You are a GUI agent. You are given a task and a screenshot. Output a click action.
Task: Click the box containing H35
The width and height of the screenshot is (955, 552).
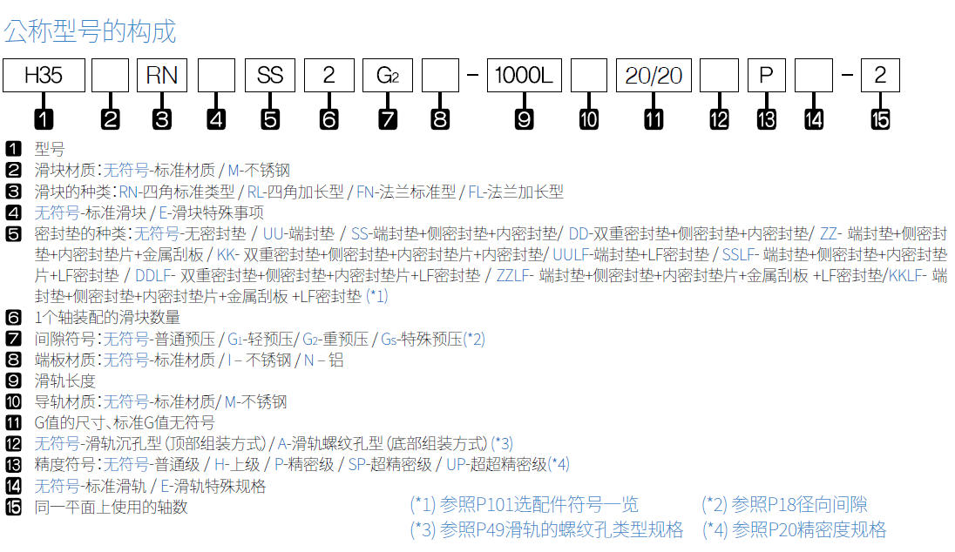click(44, 76)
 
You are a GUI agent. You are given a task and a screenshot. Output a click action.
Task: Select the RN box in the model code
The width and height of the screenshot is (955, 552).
click(162, 76)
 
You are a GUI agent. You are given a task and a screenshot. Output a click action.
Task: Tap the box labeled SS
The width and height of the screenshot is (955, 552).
click(270, 76)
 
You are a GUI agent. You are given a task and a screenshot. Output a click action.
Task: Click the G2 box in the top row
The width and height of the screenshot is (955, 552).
click(388, 76)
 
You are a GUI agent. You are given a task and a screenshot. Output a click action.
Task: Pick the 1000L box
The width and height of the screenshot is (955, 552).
click(525, 76)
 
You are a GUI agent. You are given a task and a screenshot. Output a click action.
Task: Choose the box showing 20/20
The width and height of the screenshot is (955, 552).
click(654, 76)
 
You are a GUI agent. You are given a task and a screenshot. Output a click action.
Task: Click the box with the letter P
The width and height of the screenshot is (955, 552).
click(766, 76)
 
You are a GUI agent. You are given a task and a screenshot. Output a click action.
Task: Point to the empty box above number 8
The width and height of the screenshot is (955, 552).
click(440, 76)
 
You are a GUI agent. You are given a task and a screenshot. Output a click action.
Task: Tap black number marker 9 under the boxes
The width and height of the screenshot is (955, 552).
click(525, 119)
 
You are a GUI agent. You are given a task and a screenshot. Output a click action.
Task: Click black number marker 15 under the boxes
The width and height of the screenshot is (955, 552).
click(880, 119)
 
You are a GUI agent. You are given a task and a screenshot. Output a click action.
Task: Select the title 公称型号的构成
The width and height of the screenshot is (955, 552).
click(90, 31)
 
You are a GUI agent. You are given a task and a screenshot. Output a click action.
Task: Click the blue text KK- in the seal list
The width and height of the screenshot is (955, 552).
click(227, 254)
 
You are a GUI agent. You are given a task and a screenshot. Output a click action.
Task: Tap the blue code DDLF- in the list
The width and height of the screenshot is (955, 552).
click(155, 276)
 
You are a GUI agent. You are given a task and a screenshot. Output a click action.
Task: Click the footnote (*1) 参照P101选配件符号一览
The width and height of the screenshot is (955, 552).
click(524, 504)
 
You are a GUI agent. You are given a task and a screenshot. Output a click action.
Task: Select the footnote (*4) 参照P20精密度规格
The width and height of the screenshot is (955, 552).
click(794, 529)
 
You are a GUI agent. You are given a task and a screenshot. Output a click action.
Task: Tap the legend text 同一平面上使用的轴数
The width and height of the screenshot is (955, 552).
click(111, 507)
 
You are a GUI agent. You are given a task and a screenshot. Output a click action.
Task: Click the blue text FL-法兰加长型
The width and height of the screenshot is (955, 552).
click(516, 192)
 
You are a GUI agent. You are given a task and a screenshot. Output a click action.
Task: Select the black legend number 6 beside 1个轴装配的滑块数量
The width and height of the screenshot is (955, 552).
click(13, 317)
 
